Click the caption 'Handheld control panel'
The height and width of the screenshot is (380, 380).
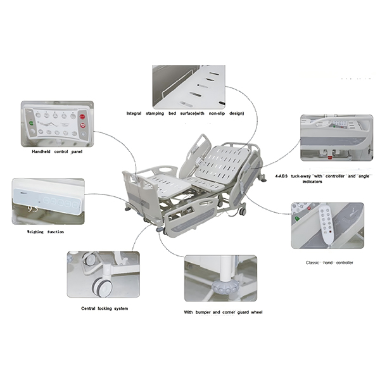click(x=57, y=152)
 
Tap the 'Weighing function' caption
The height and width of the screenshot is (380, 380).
click(x=46, y=232)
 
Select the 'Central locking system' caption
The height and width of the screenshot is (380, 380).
click(x=104, y=308)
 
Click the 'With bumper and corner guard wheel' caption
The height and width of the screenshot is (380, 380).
click(x=223, y=312)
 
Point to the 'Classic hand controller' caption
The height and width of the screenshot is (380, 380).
click(x=329, y=263)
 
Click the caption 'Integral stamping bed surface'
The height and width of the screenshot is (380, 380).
click(x=185, y=113)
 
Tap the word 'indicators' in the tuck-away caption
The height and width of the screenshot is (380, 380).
click(x=312, y=182)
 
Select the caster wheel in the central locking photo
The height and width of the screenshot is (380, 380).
click(x=102, y=287)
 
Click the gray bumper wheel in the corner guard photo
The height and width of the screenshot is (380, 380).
click(x=225, y=288)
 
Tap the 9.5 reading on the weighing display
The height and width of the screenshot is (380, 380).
click(x=33, y=209)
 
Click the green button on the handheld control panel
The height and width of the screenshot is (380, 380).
click(x=32, y=123)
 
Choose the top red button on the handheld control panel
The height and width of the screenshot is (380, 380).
click(x=82, y=117)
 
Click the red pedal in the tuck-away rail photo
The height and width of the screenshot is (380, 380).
click(x=330, y=158)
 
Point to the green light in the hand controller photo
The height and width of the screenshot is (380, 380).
click(x=296, y=219)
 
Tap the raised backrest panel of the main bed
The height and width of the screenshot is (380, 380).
click(x=223, y=164)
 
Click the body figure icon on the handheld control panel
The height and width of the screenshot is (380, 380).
click(x=49, y=125)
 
